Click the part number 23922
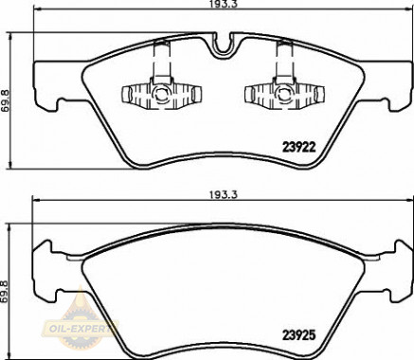point(298,147)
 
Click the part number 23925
point(298,335)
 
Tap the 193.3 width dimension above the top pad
point(223,4)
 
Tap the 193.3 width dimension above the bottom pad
point(223,195)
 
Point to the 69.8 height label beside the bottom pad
point(5,292)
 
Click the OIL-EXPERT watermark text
point(80,328)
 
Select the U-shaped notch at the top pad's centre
point(223,47)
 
